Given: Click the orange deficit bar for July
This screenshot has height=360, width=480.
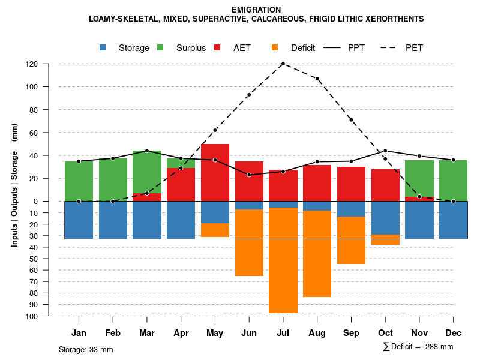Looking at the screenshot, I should (283, 260).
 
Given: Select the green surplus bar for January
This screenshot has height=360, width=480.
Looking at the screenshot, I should (79, 181).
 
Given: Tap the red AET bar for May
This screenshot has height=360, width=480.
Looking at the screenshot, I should (215, 172).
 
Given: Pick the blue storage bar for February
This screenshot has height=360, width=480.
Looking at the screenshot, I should (113, 220).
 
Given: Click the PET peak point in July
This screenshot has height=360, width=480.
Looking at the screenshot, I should (283, 64).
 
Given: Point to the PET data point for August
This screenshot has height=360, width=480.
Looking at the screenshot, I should (317, 79).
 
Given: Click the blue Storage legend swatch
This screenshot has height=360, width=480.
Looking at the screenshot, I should (104, 48).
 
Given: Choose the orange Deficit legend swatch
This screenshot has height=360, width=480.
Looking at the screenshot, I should (275, 48).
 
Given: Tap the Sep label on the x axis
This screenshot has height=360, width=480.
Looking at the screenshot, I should (352, 333).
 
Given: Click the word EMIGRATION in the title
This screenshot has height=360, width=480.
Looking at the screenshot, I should (256, 10).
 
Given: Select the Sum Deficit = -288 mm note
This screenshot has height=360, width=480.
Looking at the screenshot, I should (418, 347).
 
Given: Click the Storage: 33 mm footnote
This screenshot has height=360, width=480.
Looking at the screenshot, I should (86, 349).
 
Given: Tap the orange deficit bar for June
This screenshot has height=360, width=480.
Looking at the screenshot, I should (249, 243).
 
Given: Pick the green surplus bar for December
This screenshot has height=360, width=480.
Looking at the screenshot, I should (454, 181).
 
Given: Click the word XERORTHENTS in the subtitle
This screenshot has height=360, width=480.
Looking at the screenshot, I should (394, 19).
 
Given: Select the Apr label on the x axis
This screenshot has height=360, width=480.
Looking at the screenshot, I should (181, 333).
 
